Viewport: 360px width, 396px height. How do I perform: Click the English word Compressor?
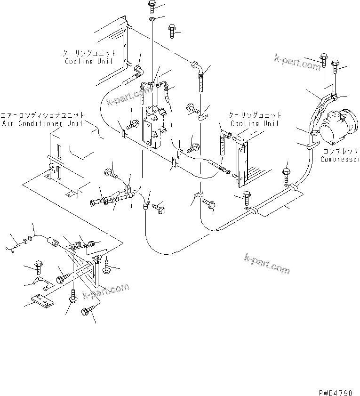click(x=340, y=159)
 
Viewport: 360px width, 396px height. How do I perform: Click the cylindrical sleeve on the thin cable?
click(x=55, y=243)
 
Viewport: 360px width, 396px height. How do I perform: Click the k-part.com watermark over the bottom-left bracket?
click(x=105, y=291)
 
